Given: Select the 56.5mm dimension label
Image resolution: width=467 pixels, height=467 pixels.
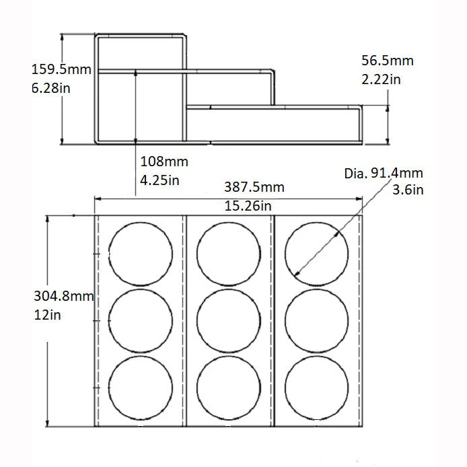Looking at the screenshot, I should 387,61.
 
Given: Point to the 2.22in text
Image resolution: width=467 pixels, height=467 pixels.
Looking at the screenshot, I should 382,79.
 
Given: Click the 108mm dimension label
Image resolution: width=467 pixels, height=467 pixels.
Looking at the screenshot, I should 164,161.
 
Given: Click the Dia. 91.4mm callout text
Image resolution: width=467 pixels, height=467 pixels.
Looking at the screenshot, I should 384,174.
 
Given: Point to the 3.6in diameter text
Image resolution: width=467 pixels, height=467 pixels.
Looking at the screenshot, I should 408,190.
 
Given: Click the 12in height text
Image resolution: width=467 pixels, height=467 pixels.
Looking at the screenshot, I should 47,315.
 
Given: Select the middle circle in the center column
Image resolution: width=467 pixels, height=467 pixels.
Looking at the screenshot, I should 228,320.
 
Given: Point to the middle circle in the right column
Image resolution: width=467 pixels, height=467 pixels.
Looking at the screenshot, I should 316,320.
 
